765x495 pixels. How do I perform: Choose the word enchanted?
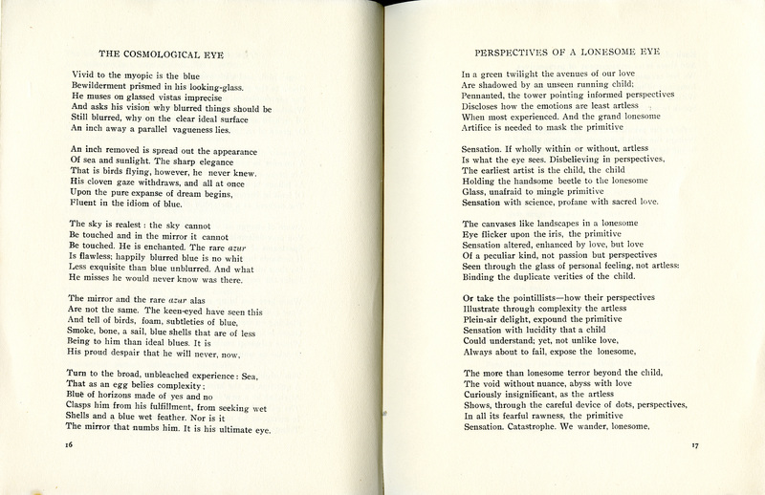(x=180, y=257)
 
